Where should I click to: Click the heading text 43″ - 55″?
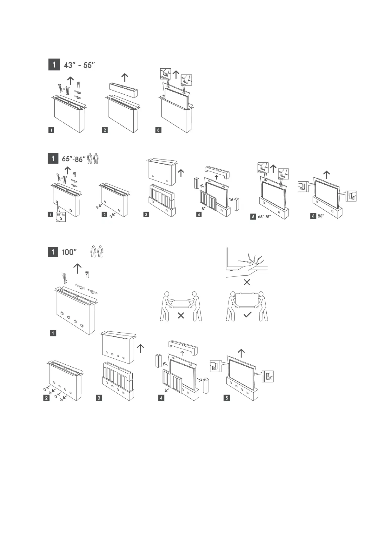pos(79,65)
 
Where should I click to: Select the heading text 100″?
pos(70,252)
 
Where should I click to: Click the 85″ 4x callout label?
pos(60,215)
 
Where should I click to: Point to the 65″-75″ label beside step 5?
pos(264,217)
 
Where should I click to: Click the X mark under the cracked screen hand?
pos(247,282)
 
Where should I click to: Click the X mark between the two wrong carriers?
pos(181,315)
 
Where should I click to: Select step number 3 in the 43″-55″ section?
pos(158,130)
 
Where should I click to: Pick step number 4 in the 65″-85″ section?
pos(199,215)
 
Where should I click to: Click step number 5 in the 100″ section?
pos(227,398)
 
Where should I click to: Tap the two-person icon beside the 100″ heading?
pos(97,251)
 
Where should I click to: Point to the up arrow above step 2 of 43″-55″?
pos(125,77)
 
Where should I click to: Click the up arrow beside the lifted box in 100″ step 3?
pos(140,348)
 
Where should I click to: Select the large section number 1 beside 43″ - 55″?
pos(54,65)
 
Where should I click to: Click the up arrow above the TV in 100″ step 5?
pos(241,353)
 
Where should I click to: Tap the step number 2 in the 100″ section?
pos(47,398)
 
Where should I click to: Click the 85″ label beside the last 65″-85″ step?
pos(321,216)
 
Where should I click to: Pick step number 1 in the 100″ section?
pos(53,333)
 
